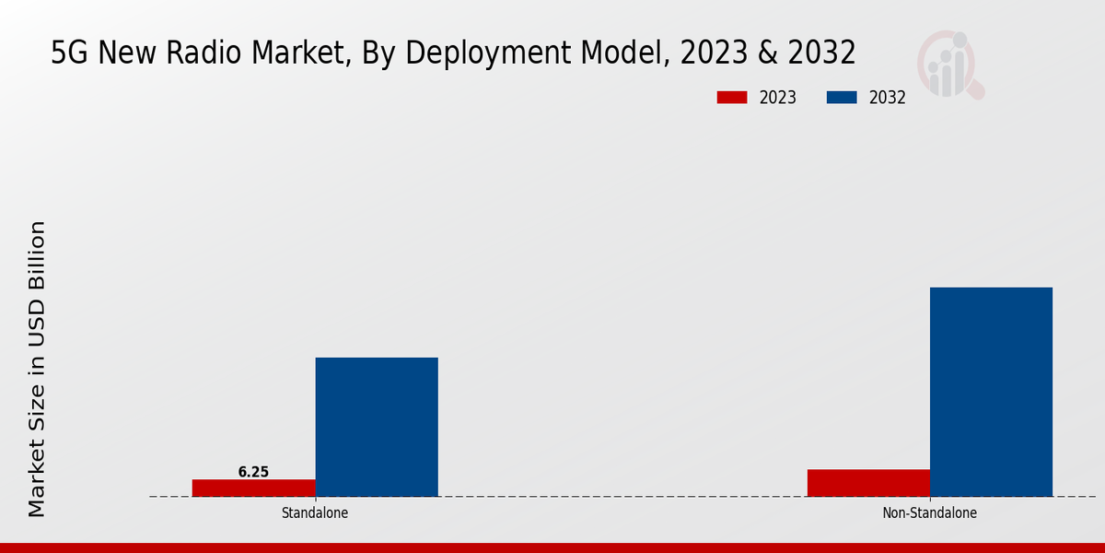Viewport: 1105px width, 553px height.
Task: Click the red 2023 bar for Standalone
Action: pos(253,488)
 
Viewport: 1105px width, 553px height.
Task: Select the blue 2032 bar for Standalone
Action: pos(377,427)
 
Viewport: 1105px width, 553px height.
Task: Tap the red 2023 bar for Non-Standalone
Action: pos(868,483)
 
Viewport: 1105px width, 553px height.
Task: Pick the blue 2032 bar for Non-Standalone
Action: pos(991,392)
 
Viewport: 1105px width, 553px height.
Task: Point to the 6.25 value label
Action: pos(253,472)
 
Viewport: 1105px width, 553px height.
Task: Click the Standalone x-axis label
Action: pos(315,512)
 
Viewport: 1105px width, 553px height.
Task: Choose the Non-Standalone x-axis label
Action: pos(929,512)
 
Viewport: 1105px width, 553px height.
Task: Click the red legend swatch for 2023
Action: pos(732,98)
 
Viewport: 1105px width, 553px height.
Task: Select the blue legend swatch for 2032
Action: pos(842,98)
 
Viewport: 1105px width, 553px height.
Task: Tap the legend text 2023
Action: pos(778,98)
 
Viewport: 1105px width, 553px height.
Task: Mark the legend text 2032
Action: pos(888,98)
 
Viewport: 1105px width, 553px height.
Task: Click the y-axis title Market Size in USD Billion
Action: pos(37,369)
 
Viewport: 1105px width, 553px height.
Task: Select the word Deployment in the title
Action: pos(490,53)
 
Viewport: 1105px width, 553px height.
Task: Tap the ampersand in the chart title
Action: pos(766,53)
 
